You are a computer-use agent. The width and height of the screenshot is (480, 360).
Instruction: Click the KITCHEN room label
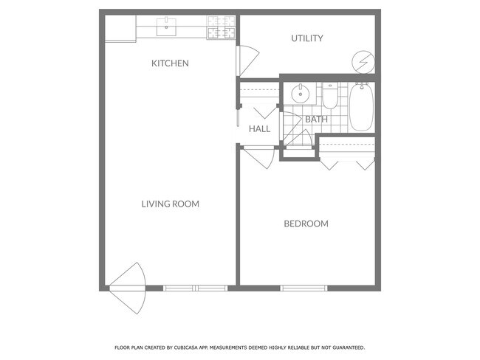click(170, 63)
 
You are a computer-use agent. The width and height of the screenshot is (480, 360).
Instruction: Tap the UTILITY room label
click(306, 38)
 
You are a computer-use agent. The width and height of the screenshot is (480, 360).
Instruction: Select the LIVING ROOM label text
click(170, 204)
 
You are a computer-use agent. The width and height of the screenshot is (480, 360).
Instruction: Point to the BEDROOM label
click(306, 224)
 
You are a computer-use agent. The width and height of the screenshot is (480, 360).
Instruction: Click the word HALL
click(259, 129)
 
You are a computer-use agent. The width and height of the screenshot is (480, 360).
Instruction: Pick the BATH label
click(316, 120)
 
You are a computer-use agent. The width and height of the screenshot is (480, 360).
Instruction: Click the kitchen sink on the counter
click(165, 29)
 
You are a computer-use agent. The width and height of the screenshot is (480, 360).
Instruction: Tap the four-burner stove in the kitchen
click(221, 28)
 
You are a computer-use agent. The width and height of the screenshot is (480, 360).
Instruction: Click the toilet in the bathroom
click(330, 96)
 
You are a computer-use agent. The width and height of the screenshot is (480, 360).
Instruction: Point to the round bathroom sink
click(300, 94)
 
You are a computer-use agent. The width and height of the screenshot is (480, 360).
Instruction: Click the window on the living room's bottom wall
click(193, 288)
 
